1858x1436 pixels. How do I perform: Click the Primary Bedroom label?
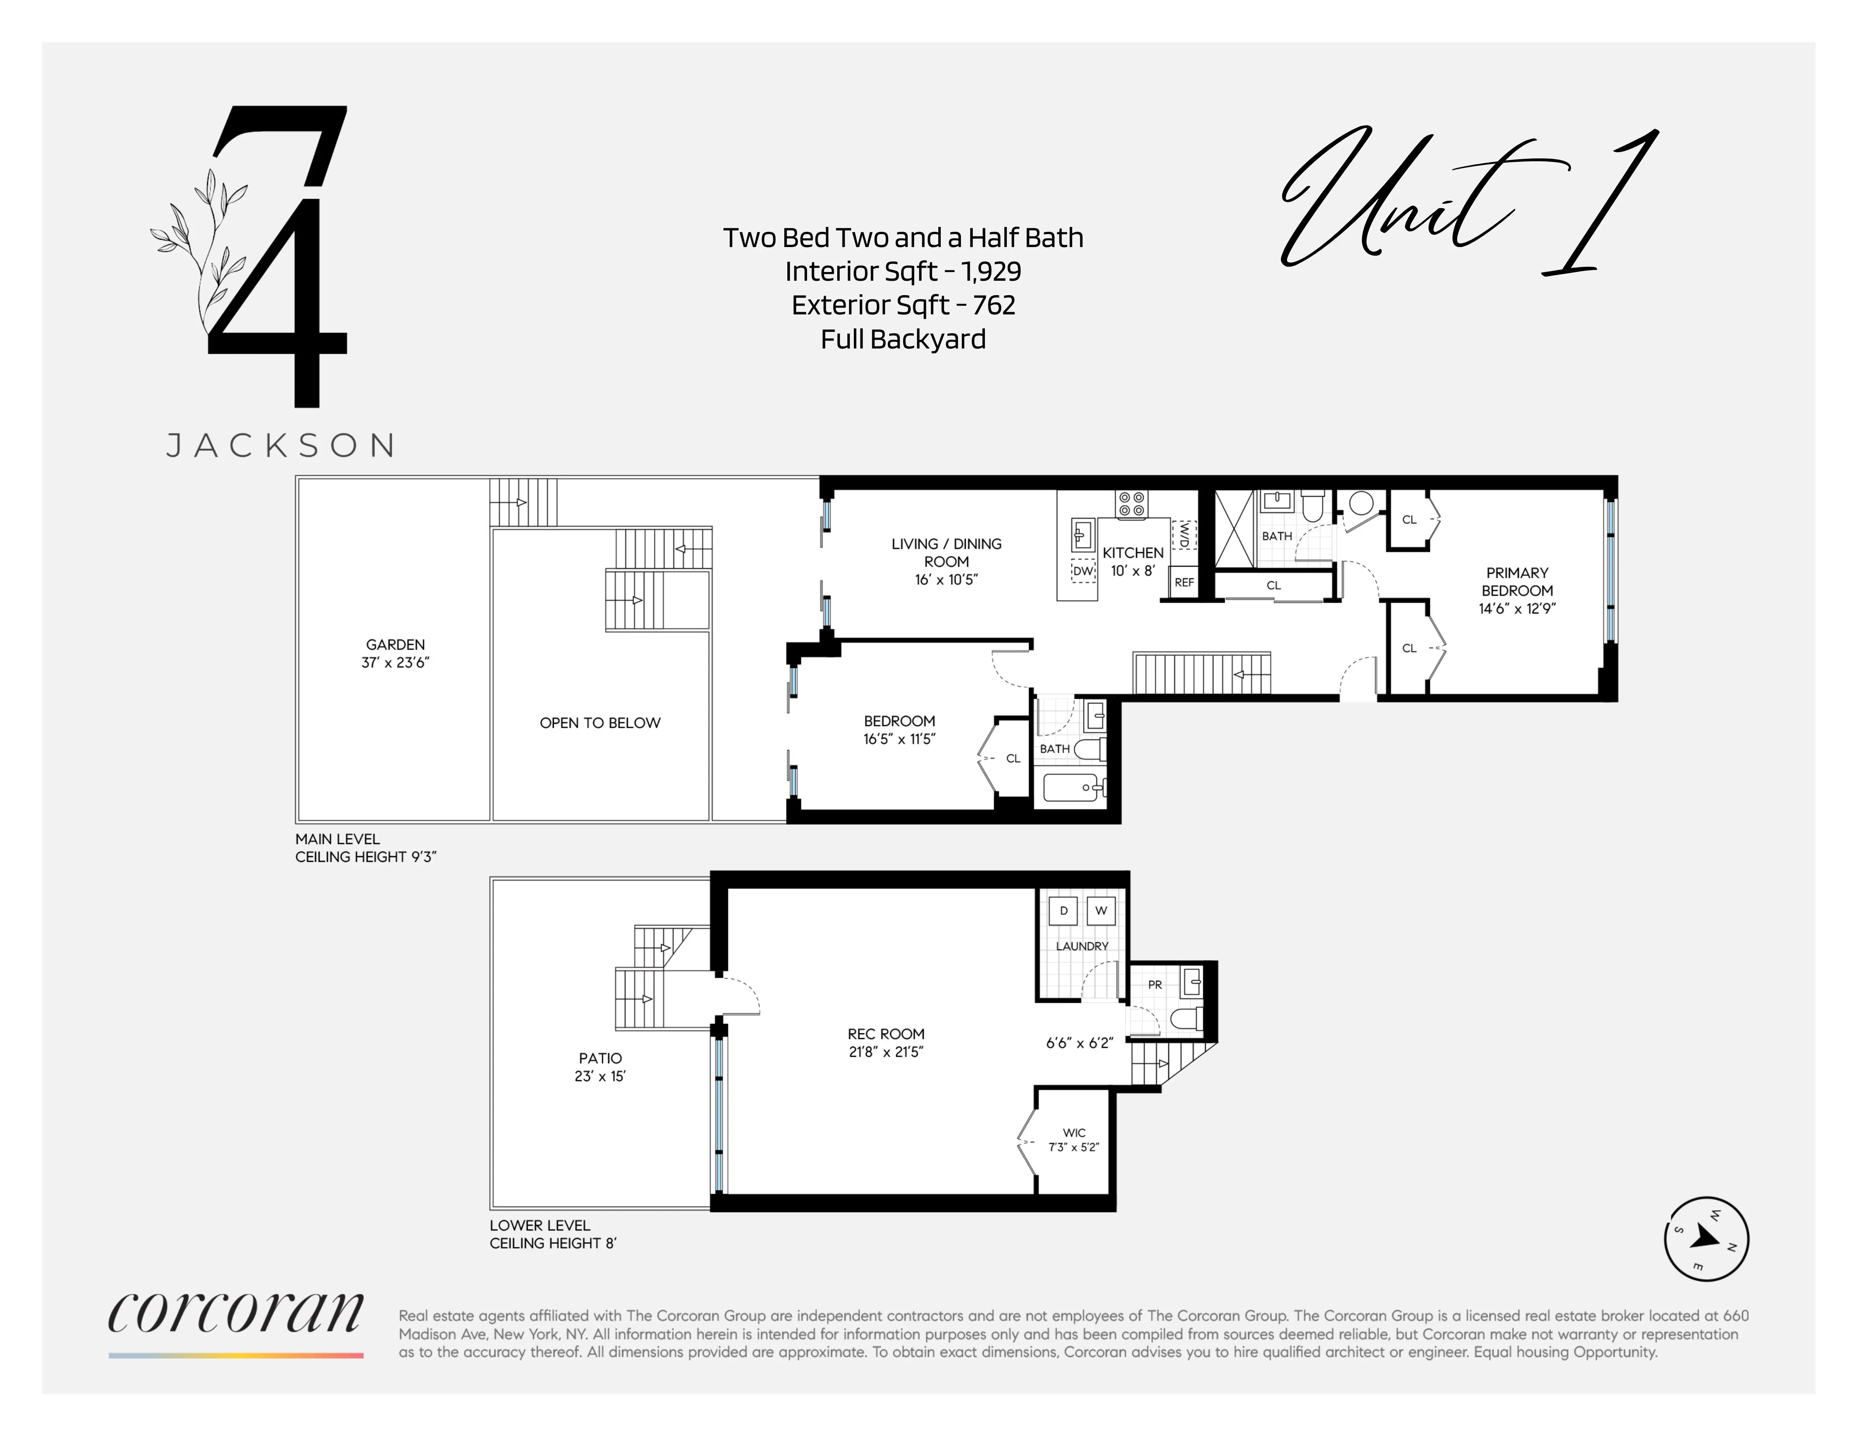[1517, 582]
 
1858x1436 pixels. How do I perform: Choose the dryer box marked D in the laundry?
[1063, 910]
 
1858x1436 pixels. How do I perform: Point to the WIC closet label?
[1074, 1132]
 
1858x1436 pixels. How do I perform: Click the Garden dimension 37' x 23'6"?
[396, 663]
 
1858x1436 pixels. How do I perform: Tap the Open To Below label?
[600, 723]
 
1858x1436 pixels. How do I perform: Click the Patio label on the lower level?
[600, 1058]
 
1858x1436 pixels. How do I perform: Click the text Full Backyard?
[903, 339]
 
